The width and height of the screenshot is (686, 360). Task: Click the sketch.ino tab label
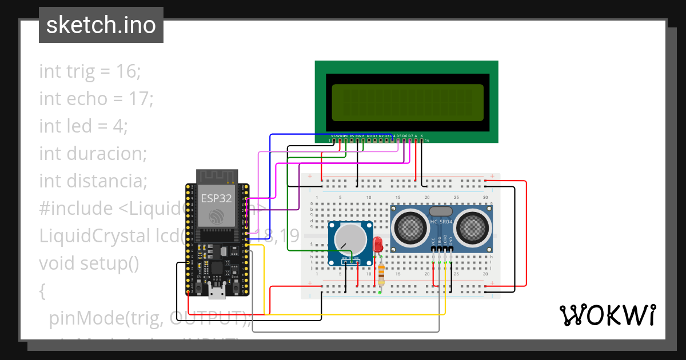[x=101, y=25]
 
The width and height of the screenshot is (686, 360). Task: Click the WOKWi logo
[x=607, y=315]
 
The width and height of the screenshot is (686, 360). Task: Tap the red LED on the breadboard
[x=377, y=245]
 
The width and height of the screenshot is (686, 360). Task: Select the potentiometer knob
[x=352, y=239]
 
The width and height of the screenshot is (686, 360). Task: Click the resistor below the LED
[x=381, y=274]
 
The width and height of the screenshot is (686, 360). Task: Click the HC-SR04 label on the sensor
[x=441, y=222]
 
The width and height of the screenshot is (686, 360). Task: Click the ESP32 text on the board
[x=216, y=198]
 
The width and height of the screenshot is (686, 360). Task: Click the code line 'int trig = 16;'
[x=90, y=71]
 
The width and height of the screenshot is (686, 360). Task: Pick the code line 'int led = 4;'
[x=83, y=126]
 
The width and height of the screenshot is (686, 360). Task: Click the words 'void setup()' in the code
[x=89, y=263]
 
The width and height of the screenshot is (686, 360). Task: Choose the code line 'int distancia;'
[x=93, y=181]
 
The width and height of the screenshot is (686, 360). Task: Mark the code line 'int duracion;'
[x=93, y=154]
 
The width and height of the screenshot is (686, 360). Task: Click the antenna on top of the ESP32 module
[x=217, y=175]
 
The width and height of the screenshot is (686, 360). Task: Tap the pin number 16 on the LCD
[x=426, y=140]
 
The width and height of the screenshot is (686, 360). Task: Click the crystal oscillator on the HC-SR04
[x=441, y=211]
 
